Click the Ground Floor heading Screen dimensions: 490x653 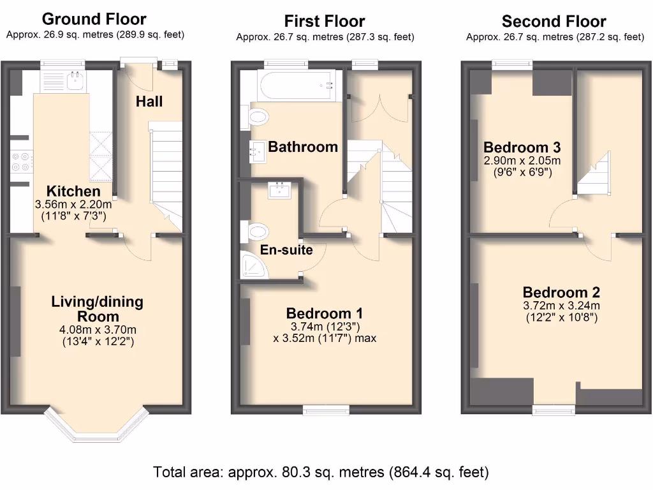pos(103,20)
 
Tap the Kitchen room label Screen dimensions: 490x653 pos(73,191)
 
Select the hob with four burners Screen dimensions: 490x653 pos(20,161)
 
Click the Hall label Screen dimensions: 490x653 pos(149,101)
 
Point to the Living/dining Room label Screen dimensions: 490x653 pos(97,309)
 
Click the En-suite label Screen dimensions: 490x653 pos(286,249)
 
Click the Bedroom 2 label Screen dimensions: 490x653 pos(561,293)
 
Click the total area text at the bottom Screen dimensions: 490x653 pos(321,473)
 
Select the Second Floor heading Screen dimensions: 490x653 pos(554,22)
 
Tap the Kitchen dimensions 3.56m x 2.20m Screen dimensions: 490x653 pos(73,205)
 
